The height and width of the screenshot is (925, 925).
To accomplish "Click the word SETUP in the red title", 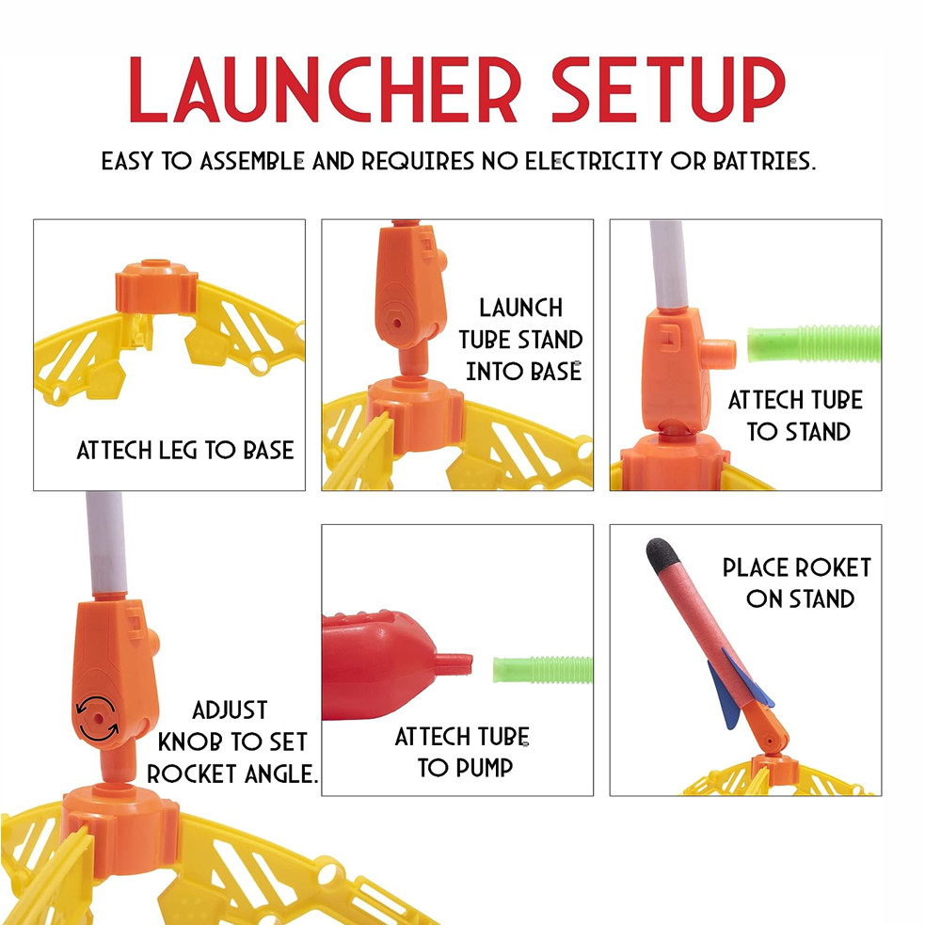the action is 668,89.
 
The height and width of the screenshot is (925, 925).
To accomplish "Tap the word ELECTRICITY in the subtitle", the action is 594,161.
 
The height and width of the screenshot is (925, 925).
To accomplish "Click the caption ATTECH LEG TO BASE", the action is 185,450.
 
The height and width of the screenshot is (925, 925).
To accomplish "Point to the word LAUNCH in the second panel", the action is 520,308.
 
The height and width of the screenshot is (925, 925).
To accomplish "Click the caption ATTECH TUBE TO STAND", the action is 795,416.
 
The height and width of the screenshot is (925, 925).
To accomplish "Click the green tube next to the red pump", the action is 542,669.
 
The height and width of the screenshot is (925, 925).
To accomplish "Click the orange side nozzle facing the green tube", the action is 720,353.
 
